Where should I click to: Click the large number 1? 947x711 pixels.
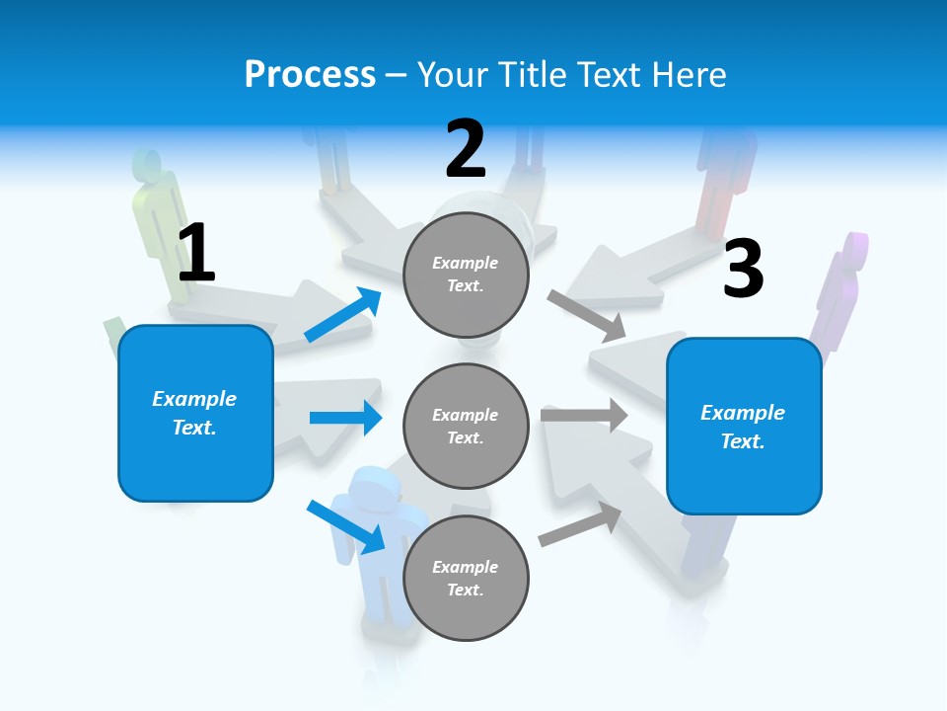click(196, 253)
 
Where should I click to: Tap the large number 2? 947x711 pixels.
click(466, 149)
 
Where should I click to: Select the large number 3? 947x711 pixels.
click(743, 270)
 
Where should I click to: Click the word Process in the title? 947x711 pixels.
click(310, 74)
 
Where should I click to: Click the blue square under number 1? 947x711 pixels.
click(195, 413)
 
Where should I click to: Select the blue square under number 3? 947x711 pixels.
click(744, 427)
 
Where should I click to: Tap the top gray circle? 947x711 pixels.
click(466, 275)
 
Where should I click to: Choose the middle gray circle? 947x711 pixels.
click(466, 426)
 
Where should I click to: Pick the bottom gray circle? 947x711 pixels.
click(466, 578)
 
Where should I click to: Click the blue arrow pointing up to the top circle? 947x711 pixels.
click(343, 315)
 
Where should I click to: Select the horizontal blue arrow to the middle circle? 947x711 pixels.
click(345, 418)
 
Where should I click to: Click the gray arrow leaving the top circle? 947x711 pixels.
click(586, 314)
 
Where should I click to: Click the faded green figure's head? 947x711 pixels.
click(147, 164)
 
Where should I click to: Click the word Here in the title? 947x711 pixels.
click(690, 74)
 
